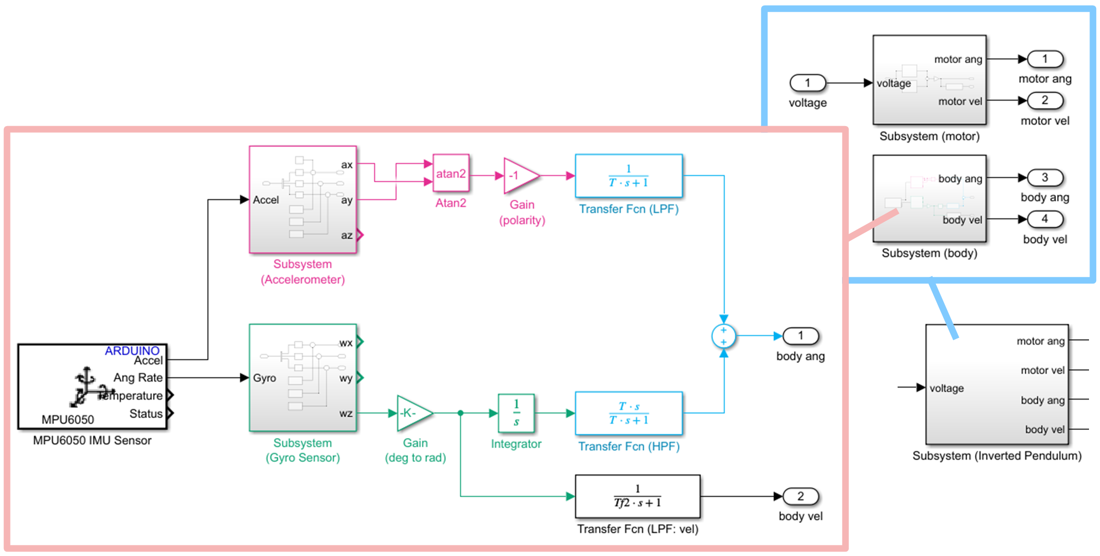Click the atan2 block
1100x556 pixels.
(451, 173)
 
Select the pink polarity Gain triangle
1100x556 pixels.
(519, 176)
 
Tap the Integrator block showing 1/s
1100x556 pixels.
(516, 413)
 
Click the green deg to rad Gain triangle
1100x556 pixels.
(413, 413)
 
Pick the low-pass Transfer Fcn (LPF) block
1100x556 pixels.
(629, 176)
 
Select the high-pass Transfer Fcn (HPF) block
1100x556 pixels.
(629, 413)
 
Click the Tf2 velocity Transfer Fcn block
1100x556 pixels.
(637, 496)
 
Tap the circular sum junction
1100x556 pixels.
(724, 336)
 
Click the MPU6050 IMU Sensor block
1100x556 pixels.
(92, 386)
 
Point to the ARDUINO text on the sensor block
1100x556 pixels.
(132, 351)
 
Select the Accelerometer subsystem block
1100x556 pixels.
(303, 199)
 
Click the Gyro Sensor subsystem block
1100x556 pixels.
(303, 378)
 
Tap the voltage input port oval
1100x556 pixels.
(807, 83)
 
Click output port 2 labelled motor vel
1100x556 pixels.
(1045, 101)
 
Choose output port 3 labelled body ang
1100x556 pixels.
(1045, 178)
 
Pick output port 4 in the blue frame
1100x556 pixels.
(1045, 219)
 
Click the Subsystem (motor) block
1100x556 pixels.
(930, 80)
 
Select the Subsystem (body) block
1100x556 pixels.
(930, 198)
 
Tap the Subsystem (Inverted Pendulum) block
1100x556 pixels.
(997, 384)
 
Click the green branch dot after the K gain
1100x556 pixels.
(460, 413)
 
